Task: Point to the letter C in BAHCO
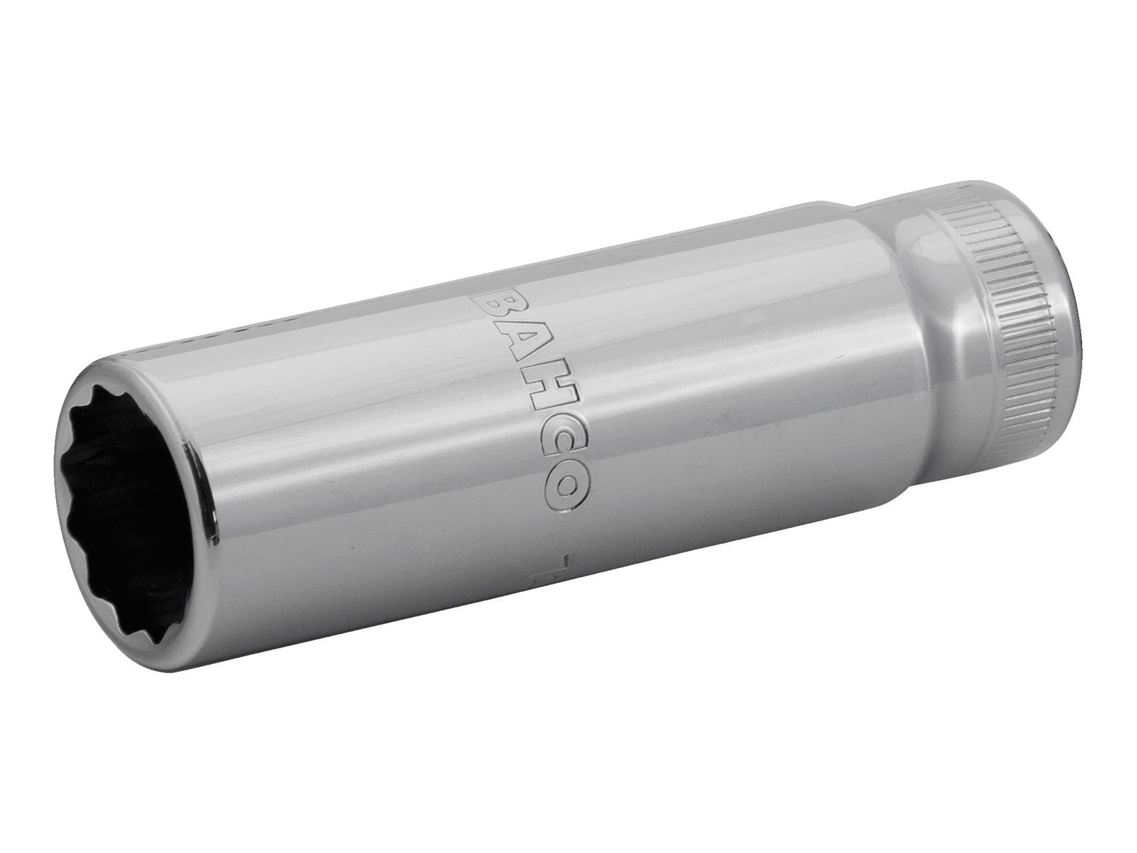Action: pyautogui.click(x=547, y=444)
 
